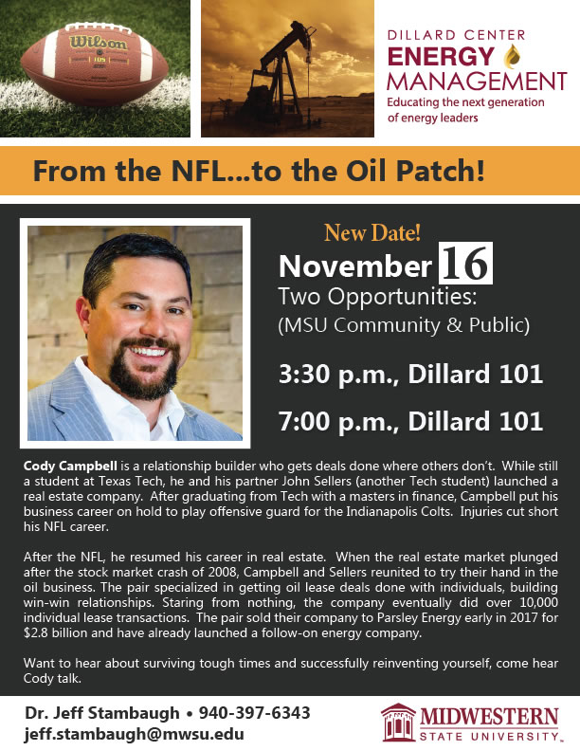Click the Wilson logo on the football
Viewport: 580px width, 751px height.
coord(99,43)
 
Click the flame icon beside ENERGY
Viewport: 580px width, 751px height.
coord(512,56)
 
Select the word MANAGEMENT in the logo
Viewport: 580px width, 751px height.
coord(477,82)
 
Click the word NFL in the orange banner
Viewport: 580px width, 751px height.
coord(199,171)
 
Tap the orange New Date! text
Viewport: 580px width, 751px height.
coord(372,232)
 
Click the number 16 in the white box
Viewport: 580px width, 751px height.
coord(465,264)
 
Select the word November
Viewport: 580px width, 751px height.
coord(355,266)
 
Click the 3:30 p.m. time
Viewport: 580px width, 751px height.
coord(337,374)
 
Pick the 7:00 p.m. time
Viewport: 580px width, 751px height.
coord(337,421)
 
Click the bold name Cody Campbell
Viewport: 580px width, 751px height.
coord(70,466)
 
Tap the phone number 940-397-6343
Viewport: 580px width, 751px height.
coord(255,713)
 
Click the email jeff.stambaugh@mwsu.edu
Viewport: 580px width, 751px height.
coord(134,734)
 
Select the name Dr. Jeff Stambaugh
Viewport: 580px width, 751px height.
coord(102,713)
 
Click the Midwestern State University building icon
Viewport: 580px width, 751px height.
coord(398,723)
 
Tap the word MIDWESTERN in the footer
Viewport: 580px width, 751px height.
coord(489,717)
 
